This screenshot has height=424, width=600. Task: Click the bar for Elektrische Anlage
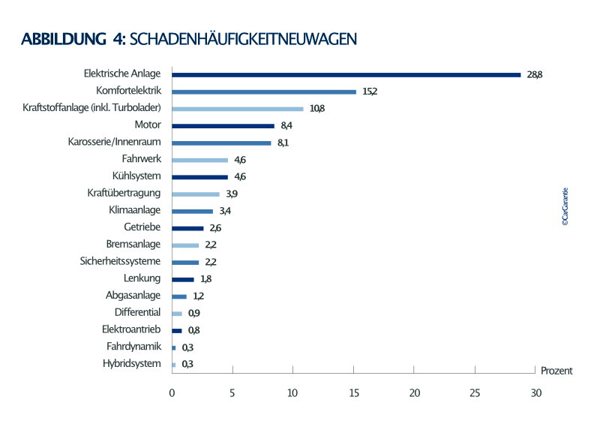coord(346,74)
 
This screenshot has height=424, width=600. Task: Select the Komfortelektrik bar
coord(264,92)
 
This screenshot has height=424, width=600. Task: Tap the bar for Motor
coord(223,125)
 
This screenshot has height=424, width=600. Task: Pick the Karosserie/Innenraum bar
coord(221,143)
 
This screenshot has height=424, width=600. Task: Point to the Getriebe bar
coord(187,228)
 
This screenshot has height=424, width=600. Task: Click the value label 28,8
coord(535,74)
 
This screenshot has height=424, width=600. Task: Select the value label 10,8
coord(316,109)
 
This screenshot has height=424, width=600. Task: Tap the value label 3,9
coord(232,194)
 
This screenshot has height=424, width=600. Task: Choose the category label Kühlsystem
coord(138,176)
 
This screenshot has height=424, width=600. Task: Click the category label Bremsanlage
coord(134,245)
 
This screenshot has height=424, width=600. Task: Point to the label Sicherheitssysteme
coord(121,262)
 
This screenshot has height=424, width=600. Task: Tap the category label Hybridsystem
coord(132,364)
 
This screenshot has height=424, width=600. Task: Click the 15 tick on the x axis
coord(354,392)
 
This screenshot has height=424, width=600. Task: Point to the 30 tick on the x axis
coord(535,392)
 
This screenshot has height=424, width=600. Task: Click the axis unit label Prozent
coord(556,371)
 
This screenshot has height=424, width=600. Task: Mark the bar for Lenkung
coord(183,279)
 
